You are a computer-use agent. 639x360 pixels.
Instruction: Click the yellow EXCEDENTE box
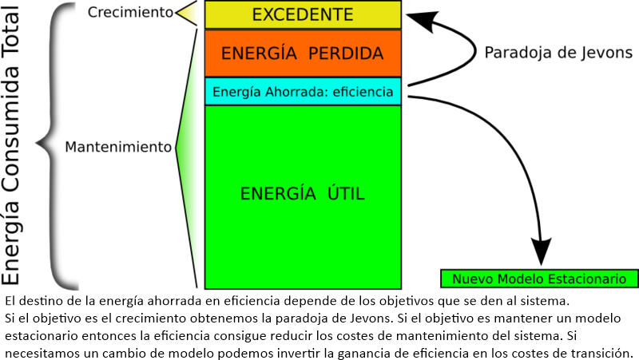(x=302, y=14)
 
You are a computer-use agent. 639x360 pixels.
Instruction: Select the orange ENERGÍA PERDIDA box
(x=302, y=53)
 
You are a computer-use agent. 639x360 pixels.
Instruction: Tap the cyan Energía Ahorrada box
(x=302, y=92)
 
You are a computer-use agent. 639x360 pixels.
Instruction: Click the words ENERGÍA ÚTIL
(x=302, y=193)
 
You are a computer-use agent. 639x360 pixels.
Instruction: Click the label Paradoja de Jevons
(x=558, y=53)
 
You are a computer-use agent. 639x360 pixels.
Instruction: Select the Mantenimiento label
(x=118, y=147)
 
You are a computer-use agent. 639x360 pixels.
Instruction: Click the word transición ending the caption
(x=606, y=352)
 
